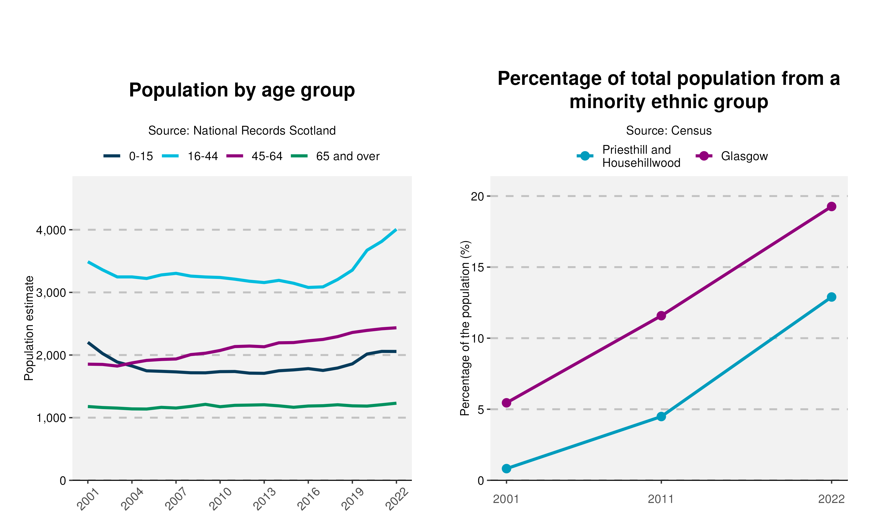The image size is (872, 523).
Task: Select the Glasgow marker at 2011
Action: point(661,316)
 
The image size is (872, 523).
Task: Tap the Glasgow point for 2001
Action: point(507,402)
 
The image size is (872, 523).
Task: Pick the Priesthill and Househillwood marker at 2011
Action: point(661,417)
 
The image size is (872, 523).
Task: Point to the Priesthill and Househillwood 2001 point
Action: point(507,468)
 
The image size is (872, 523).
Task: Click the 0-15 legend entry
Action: point(129,156)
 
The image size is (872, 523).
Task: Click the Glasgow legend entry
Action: point(732,156)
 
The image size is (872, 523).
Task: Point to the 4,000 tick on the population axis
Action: point(51,230)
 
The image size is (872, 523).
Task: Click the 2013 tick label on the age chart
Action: point(264,499)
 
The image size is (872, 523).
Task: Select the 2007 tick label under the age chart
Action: point(176,499)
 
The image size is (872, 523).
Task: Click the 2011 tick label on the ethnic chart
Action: point(661,499)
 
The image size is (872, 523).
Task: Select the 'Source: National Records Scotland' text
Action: point(242,131)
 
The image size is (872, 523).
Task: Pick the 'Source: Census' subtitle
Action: point(669,131)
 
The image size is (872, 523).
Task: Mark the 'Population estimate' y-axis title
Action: point(29,328)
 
